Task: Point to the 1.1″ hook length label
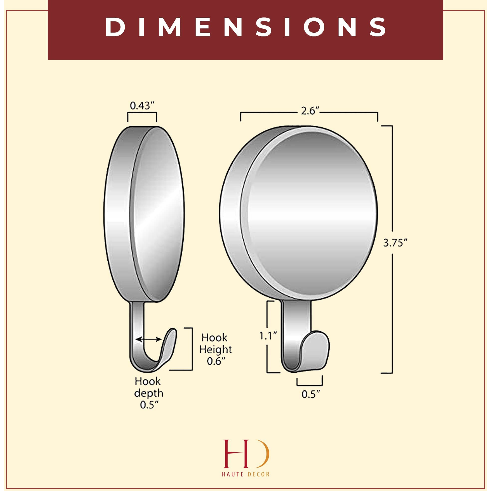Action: tap(268, 336)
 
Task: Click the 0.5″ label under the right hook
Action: tap(310, 401)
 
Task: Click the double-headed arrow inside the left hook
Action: tap(148, 339)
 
